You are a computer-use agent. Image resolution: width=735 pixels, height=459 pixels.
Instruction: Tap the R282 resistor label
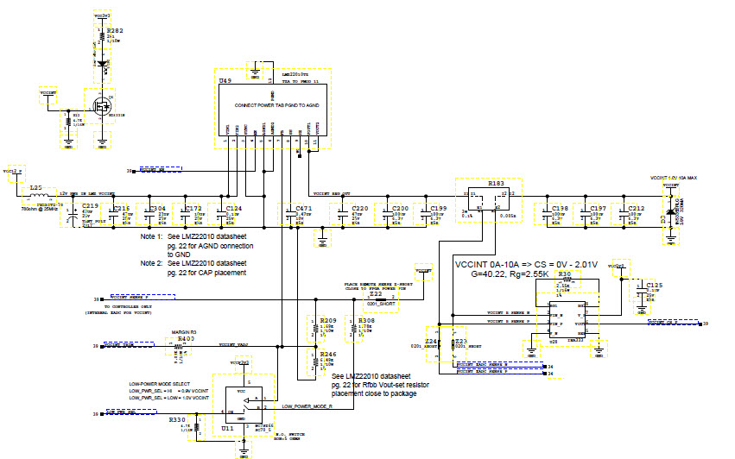pyautogui.click(x=116, y=31)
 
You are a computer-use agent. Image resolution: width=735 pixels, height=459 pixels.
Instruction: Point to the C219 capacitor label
pyautogui.click(x=91, y=207)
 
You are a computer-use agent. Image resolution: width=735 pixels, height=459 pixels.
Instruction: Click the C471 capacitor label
pyautogui.click(x=303, y=209)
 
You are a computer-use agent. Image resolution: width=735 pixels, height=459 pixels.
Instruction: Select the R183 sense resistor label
pyautogui.click(x=496, y=184)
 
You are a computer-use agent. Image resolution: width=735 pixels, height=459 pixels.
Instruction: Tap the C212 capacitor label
pyautogui.click(x=636, y=209)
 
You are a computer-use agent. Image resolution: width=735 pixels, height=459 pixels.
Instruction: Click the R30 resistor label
pyautogui.click(x=565, y=274)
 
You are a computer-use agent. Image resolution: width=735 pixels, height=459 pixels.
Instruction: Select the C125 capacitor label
pyautogui.click(x=655, y=285)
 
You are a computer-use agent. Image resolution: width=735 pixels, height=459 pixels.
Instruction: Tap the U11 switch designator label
pyautogui.click(x=227, y=428)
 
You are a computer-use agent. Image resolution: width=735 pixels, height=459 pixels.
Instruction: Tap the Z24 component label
pyautogui.click(x=432, y=342)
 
